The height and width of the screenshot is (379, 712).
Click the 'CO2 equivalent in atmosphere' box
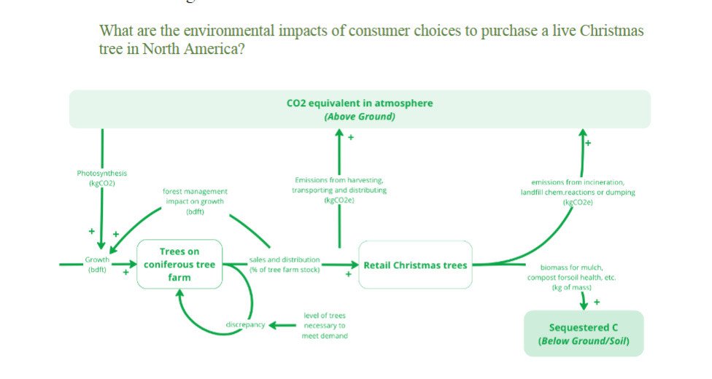pos(360,103)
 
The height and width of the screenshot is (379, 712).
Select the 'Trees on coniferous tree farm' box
pos(179,264)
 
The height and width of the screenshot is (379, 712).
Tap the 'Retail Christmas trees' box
pos(415,265)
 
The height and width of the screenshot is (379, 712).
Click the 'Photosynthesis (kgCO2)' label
pos(102,178)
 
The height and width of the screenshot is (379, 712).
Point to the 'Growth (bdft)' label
pos(97,265)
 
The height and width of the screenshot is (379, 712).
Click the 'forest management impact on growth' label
pos(194,201)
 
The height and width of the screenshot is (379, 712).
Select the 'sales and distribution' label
pos(285,259)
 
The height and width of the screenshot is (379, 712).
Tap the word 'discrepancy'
pos(245,325)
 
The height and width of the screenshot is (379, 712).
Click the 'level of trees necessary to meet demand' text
pos(325,326)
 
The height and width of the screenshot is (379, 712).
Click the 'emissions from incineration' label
pos(583,182)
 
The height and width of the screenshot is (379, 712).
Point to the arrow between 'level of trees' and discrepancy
pos(282,325)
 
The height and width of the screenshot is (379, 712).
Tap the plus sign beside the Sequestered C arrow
pos(597,302)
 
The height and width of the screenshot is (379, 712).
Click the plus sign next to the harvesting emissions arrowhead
pos(351,137)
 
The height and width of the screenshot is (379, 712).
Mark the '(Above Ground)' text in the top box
pos(360,116)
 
